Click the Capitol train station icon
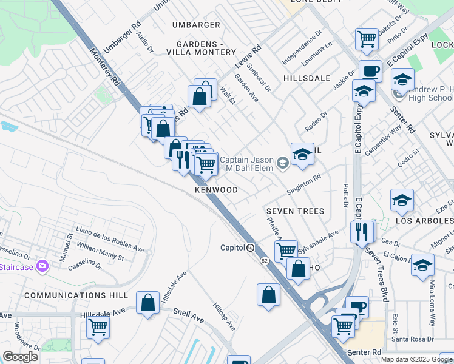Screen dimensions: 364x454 tap(250, 248)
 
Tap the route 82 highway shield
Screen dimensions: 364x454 tap(265, 260)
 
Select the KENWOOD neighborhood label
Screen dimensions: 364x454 tap(216, 190)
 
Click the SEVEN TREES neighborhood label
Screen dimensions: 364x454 tap(295, 211)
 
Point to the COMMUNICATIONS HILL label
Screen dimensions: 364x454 tap(76, 295)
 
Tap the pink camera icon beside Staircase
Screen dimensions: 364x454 tap(42, 266)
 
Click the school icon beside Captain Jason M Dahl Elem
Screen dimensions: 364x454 tap(282, 163)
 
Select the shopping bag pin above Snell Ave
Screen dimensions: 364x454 tap(147, 303)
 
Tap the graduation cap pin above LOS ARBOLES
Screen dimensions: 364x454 tap(402, 200)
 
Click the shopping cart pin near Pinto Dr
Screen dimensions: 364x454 tap(367, 39)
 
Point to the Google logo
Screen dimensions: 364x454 tap(21, 357)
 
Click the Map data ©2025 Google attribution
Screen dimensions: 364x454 tap(416, 359)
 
